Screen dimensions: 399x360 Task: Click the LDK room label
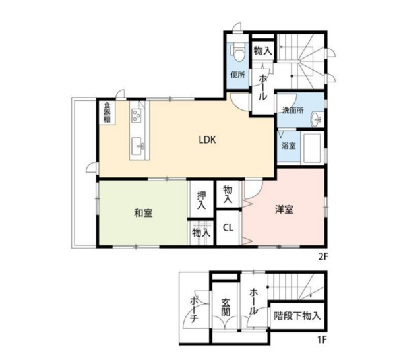tap(207, 140)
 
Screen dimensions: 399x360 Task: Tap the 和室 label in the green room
tap(143, 213)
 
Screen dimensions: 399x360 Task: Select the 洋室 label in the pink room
tap(284, 210)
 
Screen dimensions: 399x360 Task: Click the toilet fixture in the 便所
tap(237, 52)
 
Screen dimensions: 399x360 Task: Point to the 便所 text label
tap(237, 75)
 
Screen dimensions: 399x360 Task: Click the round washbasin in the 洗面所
tap(317, 119)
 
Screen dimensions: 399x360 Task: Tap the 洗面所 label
tap(293, 111)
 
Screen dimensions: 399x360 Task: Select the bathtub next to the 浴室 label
tap(313, 148)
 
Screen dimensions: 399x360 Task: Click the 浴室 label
tap(289, 146)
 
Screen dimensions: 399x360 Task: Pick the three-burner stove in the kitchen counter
tap(137, 116)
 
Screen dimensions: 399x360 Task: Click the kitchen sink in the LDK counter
tap(137, 146)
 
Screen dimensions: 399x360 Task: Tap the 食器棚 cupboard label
tap(107, 112)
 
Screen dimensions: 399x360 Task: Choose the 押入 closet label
tap(201, 200)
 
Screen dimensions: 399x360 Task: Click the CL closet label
tap(228, 227)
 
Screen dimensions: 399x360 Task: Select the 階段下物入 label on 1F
tap(297, 316)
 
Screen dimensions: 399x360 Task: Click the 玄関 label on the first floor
tap(226, 307)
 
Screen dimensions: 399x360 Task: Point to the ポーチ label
tap(195, 310)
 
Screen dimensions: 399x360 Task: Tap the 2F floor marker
tap(324, 257)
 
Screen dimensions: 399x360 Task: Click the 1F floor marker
tap(322, 340)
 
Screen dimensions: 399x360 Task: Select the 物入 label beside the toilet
tap(262, 51)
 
